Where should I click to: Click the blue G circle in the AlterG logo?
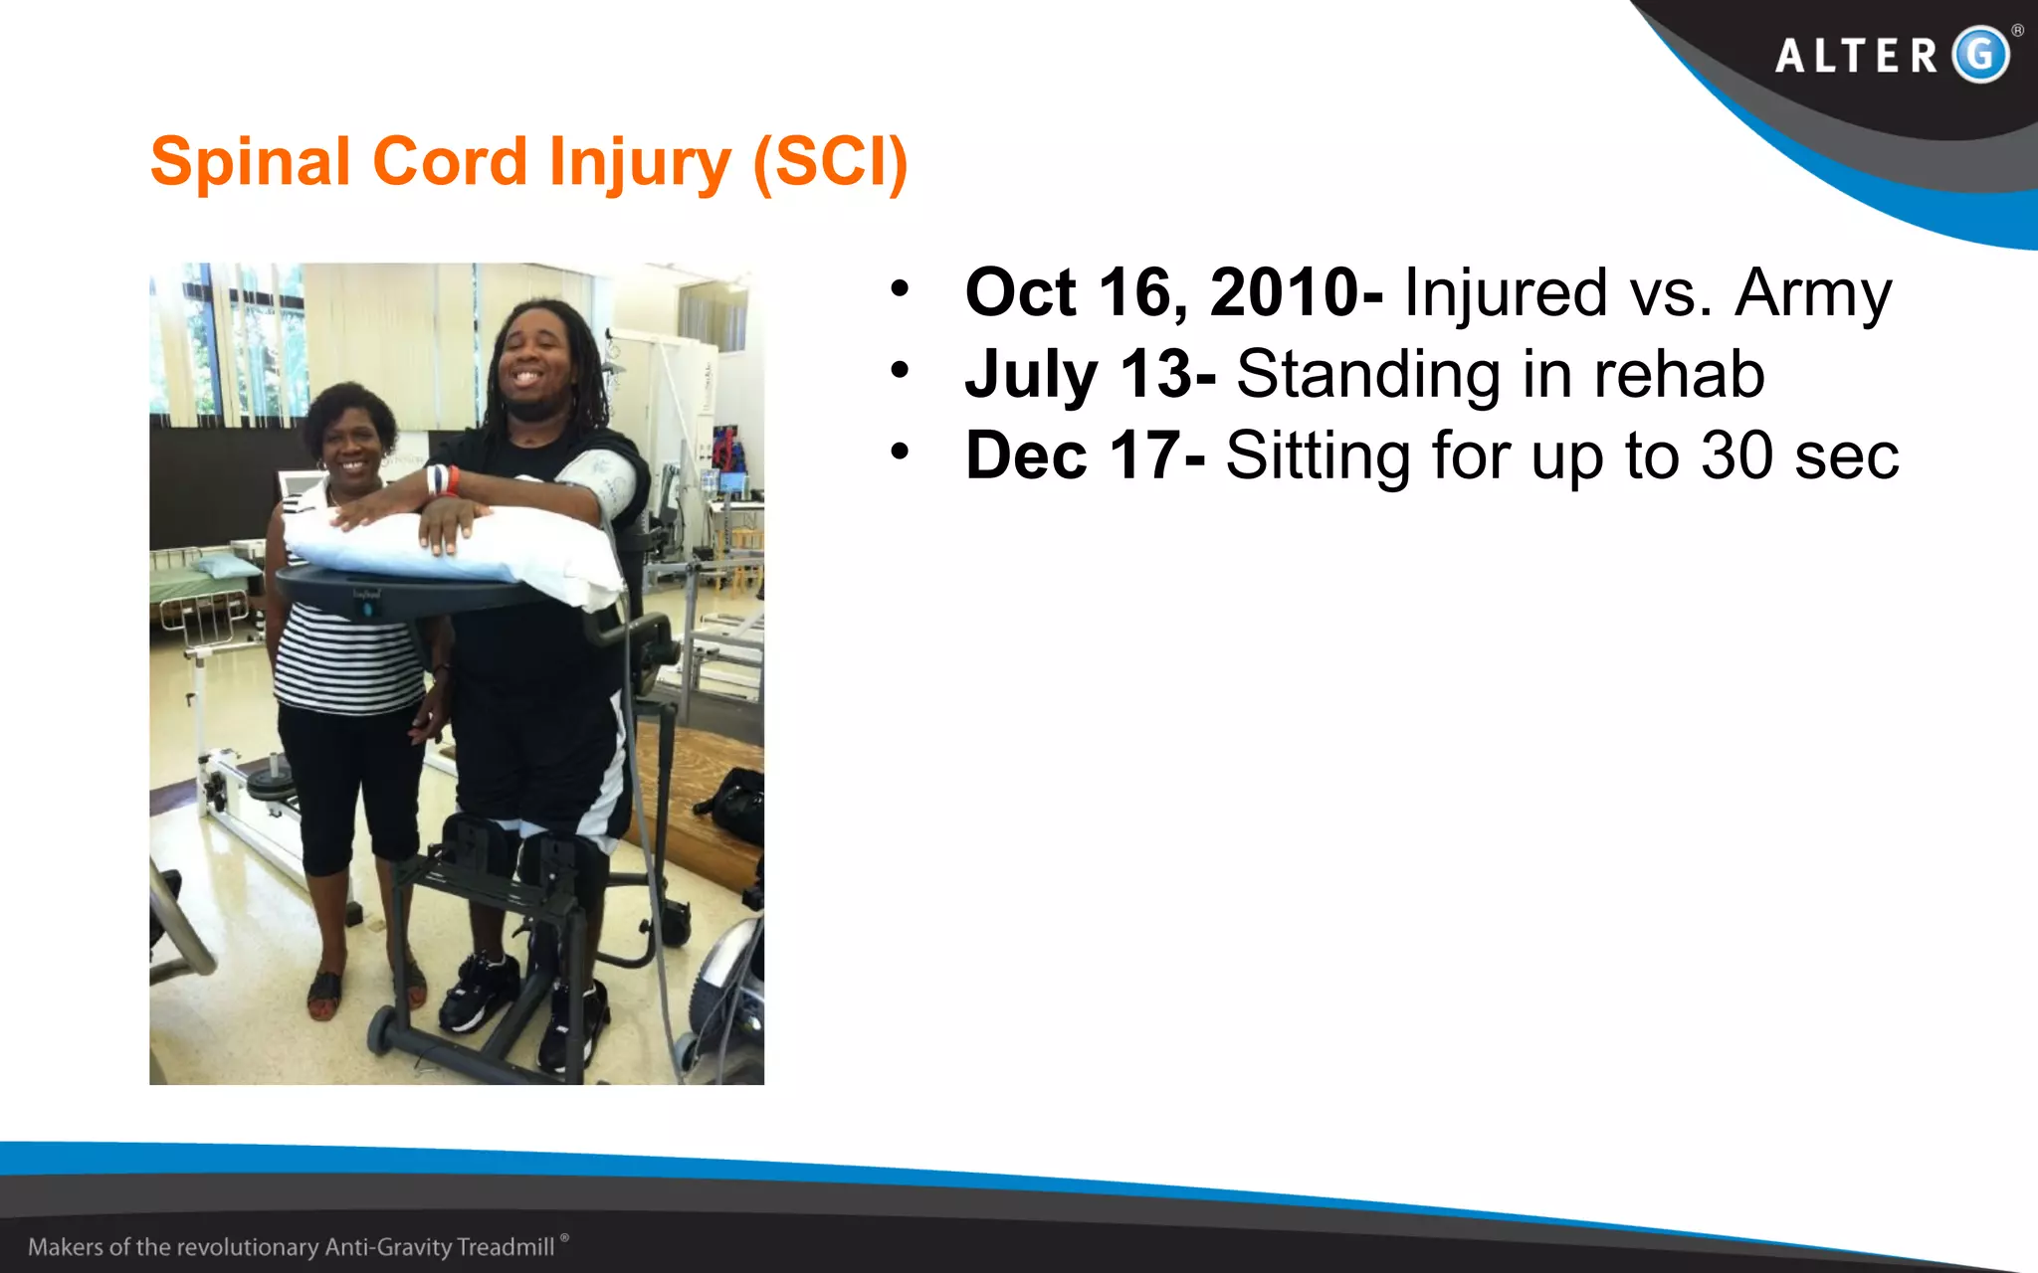(x=1980, y=54)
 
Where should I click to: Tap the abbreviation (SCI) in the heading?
(x=830, y=162)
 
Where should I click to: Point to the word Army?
(x=1813, y=293)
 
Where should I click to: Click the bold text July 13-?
(x=1090, y=375)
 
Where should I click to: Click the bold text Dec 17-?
(x=1085, y=456)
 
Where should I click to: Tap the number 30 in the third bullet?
(x=1736, y=456)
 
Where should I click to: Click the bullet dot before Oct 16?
(x=900, y=289)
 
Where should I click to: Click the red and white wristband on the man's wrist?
(x=443, y=480)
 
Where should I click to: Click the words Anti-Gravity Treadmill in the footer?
(x=440, y=1247)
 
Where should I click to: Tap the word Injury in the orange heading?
(x=640, y=162)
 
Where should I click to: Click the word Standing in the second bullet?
(x=1367, y=375)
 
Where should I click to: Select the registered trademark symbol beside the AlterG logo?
(x=2017, y=31)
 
